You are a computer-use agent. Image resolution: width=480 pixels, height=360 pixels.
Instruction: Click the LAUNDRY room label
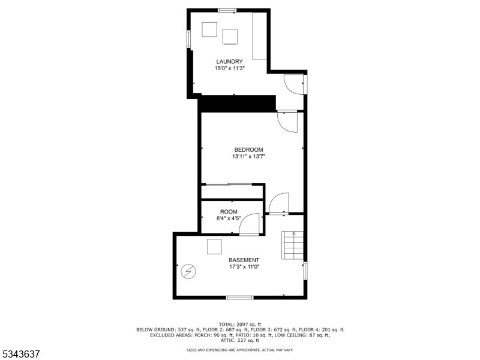coord(229,61)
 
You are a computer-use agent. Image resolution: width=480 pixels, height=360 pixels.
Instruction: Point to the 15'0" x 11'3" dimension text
coord(229,68)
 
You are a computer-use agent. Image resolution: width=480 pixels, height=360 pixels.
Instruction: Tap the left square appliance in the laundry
coord(209,29)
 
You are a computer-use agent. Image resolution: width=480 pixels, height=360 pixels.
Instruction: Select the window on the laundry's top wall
coord(227,10)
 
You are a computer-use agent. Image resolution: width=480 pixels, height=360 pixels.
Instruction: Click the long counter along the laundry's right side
coord(259,36)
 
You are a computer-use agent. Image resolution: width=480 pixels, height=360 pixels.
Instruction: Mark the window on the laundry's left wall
coord(189,38)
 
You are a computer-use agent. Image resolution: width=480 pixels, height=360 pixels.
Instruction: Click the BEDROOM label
coord(248,149)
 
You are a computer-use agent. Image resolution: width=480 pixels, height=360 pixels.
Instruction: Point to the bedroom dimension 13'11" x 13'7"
coord(248,157)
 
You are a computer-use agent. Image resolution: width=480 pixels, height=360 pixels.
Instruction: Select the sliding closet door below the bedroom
coord(227,184)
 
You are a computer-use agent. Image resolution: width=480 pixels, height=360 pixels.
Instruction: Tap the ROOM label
coord(229,212)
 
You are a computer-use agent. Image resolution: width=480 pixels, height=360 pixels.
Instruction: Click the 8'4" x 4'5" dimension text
coord(229,219)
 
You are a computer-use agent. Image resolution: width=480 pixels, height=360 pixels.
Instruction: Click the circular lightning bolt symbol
coord(188,272)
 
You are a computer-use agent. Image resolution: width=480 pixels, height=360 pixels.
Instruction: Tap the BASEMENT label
coord(244,260)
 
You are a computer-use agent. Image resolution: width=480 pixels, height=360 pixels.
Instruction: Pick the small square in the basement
coord(214,247)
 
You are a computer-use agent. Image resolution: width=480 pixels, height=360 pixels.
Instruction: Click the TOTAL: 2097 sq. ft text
coord(240,324)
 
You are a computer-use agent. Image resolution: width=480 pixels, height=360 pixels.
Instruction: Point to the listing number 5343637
coord(21,354)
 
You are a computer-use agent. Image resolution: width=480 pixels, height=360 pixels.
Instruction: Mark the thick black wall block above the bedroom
coord(238,103)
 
